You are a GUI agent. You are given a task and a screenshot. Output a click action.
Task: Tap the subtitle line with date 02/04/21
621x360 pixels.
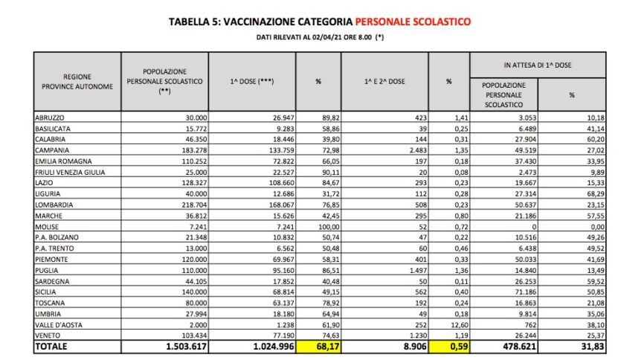[x=312, y=36]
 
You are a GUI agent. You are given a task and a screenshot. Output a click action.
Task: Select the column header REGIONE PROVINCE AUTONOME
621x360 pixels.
[x=77, y=81]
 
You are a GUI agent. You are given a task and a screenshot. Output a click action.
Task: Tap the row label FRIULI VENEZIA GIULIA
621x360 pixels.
[x=70, y=171]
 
